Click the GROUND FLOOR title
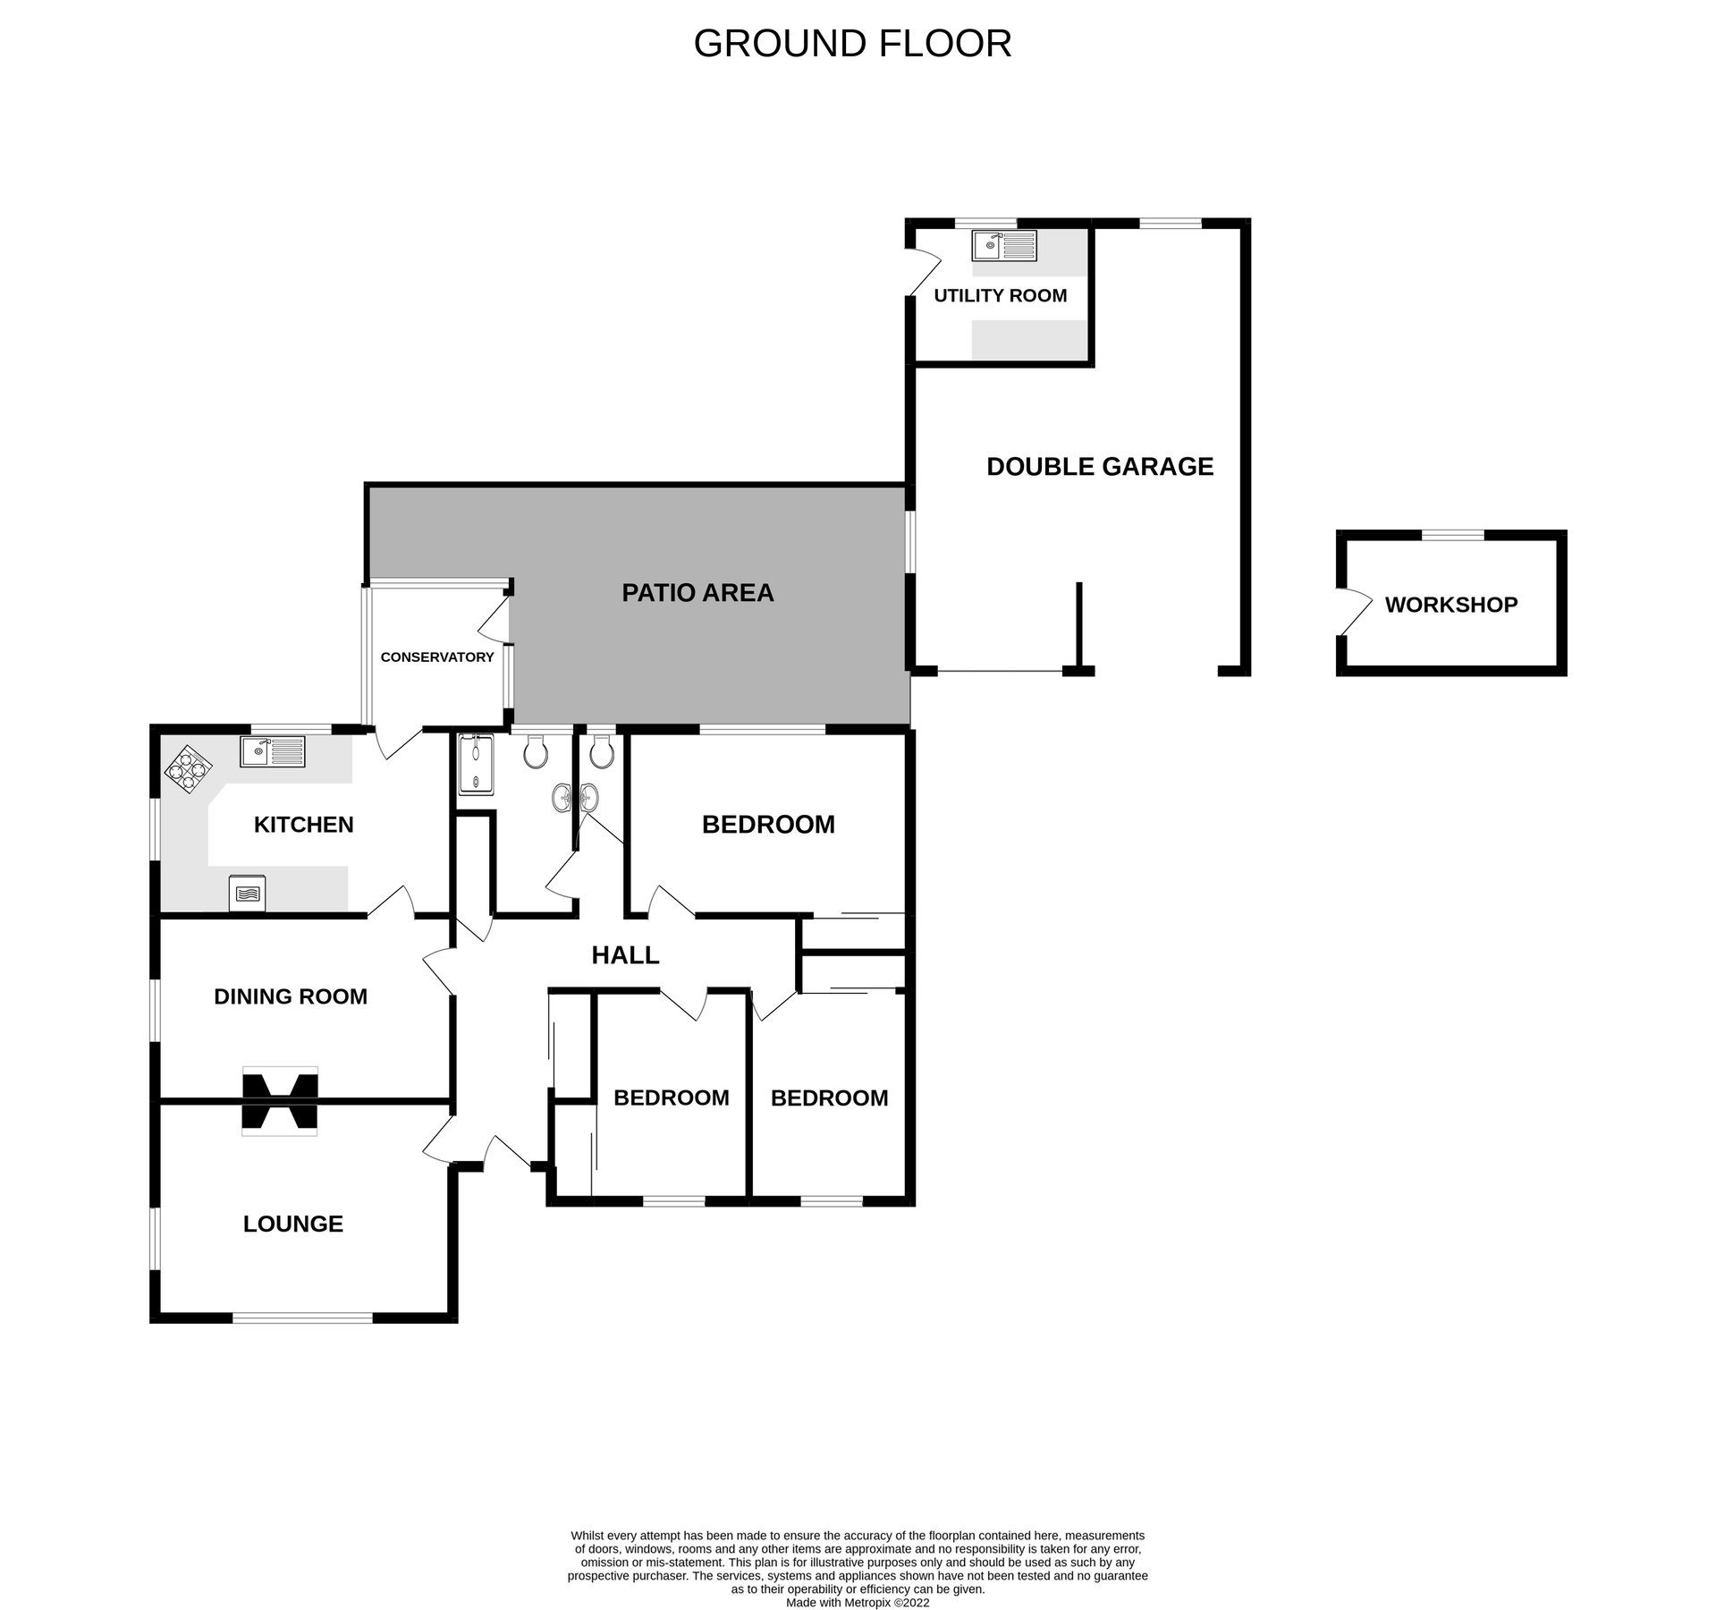pos(852,43)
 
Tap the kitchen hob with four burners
pos(188,769)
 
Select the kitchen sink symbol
pos(272,751)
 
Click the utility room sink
pos(1004,245)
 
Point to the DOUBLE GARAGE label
pos(1100,466)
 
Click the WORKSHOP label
pos(1450,605)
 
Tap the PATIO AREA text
pos(697,592)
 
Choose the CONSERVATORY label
pos(437,657)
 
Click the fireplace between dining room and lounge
pos(280,1101)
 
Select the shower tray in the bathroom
pos(476,765)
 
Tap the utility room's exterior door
pos(924,271)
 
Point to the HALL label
pos(625,955)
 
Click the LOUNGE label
pos(292,1224)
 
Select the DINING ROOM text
pos(291,996)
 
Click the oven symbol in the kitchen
pos(247,893)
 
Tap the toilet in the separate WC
pos(602,753)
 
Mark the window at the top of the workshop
pos(1452,535)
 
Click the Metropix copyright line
pos(857,1603)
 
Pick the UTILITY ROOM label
pos(1000,295)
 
